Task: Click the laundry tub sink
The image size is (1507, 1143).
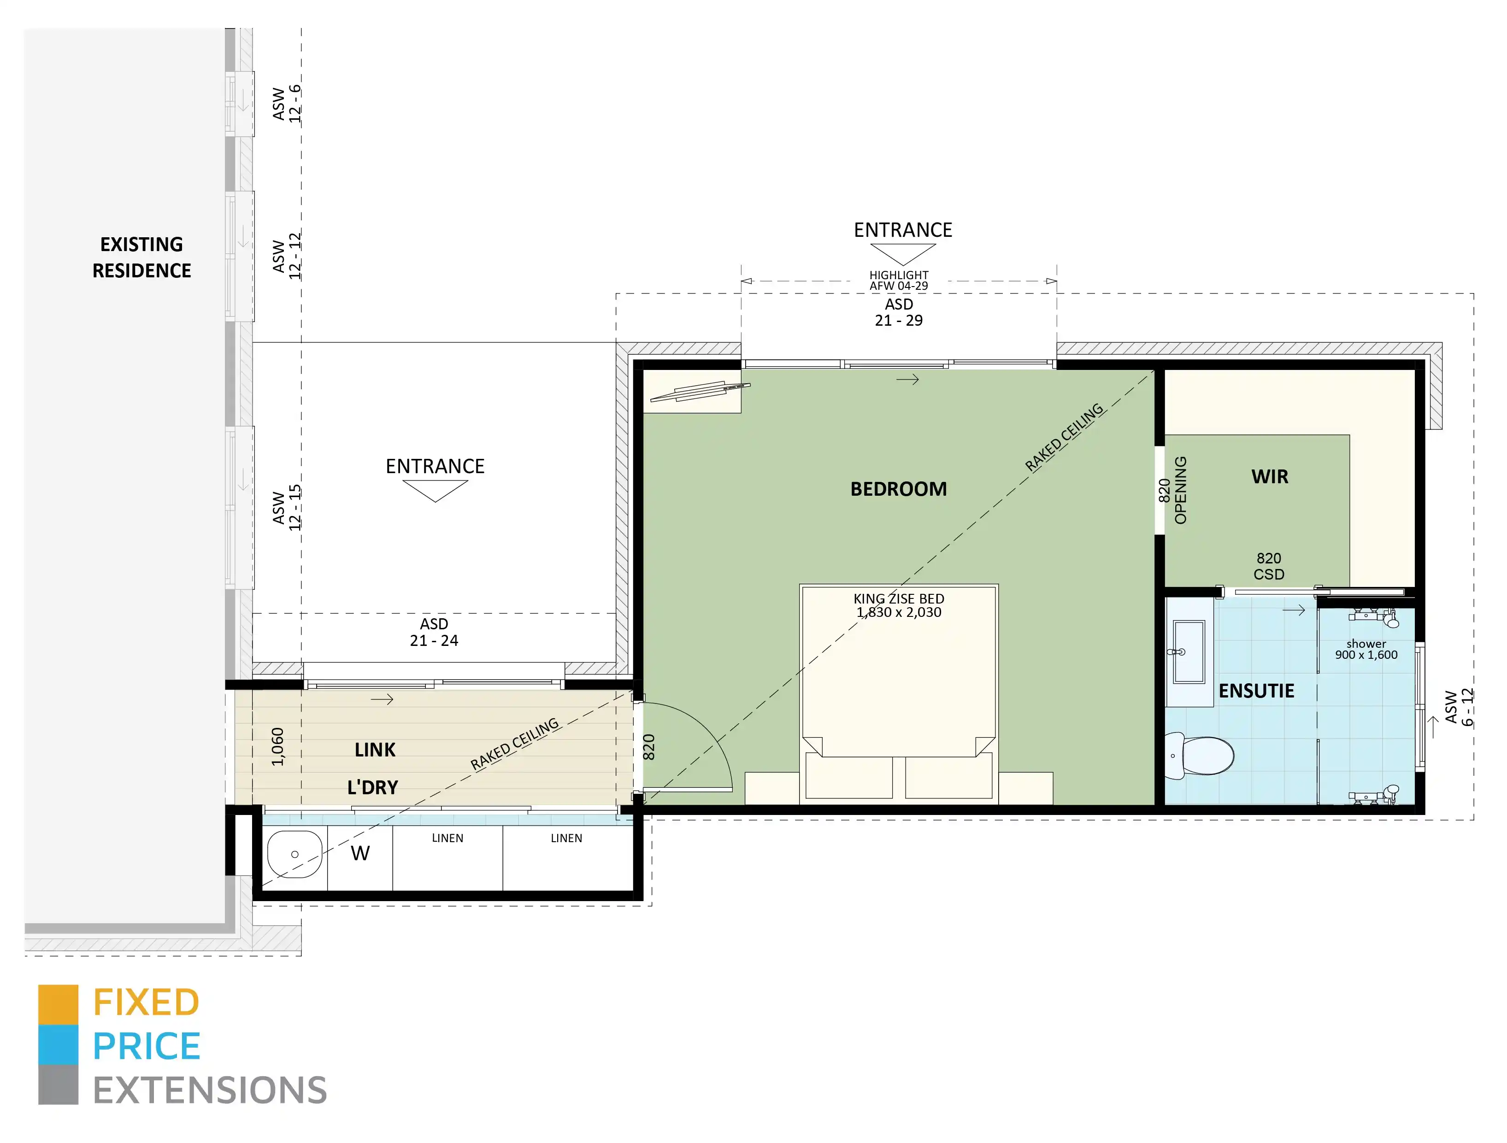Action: (294, 854)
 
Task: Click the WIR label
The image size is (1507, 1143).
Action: (1269, 477)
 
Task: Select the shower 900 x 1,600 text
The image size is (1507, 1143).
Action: (1366, 649)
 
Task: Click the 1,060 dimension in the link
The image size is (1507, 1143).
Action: (277, 746)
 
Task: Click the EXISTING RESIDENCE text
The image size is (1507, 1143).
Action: (141, 258)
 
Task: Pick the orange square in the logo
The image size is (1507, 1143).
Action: (58, 1004)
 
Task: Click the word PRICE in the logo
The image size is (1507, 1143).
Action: (147, 1046)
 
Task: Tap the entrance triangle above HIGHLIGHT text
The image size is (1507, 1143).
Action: (903, 253)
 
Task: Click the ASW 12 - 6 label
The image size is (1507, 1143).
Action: (286, 104)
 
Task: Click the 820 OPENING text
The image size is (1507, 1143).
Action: (1172, 491)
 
